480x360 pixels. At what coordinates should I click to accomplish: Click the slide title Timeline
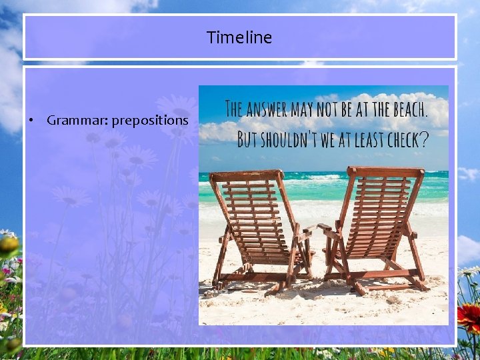[x=239, y=37]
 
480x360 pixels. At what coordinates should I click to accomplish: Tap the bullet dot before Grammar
[x=31, y=121]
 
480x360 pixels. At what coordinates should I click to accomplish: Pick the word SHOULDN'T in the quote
[x=293, y=139]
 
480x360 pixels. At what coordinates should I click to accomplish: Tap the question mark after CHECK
[x=423, y=139]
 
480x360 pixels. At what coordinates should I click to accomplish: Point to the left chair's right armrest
[x=303, y=233]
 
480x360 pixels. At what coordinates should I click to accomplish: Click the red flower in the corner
[x=469, y=317]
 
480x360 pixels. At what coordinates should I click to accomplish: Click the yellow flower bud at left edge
[x=9, y=245]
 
